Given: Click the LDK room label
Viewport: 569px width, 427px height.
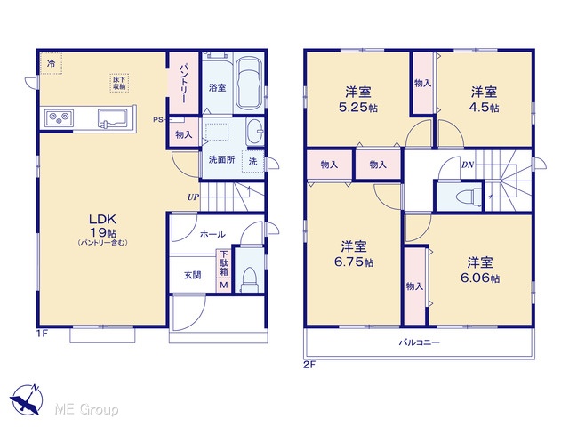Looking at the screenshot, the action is [x=103, y=220].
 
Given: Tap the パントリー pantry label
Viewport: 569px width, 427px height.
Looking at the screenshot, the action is [x=184, y=83].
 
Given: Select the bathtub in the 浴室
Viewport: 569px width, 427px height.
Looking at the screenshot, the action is [x=249, y=83].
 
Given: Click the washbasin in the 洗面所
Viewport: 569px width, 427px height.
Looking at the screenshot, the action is [x=255, y=132].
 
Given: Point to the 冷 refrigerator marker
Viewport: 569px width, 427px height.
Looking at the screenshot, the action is [x=52, y=63].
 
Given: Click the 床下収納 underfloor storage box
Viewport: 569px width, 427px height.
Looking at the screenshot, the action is [x=119, y=83].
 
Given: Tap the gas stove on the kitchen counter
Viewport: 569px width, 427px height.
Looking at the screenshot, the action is [x=59, y=117].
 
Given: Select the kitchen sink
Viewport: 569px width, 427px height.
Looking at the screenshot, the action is [x=112, y=118].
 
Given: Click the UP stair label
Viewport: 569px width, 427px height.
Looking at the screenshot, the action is [x=193, y=197].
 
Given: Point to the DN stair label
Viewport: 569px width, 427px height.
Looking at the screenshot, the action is [x=468, y=165].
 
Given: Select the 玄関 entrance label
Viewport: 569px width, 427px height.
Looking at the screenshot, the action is [x=192, y=275].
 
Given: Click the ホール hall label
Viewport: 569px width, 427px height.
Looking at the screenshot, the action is [x=212, y=234].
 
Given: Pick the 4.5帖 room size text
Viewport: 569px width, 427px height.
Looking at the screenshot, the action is [x=484, y=108].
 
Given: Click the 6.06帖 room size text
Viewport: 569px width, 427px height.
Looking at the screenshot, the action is [x=480, y=278].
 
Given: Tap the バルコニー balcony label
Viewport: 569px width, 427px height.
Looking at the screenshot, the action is [x=420, y=342].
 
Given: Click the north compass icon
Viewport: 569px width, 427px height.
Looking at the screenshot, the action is [x=26, y=399].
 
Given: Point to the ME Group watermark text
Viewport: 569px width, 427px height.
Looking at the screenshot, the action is [x=87, y=409].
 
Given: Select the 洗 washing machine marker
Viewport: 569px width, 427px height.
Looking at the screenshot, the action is [x=252, y=161].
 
